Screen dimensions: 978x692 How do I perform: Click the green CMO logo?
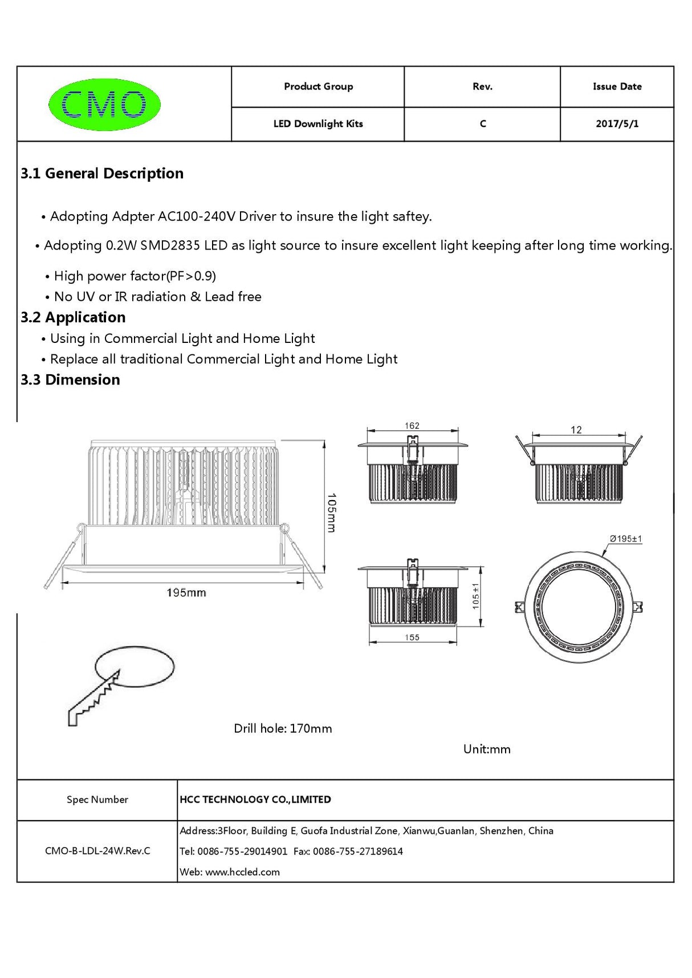click(104, 104)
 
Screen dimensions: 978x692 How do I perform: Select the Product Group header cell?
click(318, 87)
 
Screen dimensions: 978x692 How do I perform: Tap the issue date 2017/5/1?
click(617, 124)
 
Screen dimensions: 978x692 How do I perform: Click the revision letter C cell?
click(482, 124)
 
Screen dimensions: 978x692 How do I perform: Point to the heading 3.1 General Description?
click(102, 173)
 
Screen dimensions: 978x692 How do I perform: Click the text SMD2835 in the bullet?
click(170, 245)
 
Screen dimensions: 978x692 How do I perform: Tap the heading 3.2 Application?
click(73, 317)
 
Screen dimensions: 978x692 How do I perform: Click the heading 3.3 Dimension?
click(70, 380)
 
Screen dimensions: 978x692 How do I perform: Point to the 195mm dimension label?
click(186, 593)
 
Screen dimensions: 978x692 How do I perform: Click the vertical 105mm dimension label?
click(331, 513)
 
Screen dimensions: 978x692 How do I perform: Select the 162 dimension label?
click(412, 425)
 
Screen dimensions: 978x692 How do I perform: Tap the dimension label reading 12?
click(576, 430)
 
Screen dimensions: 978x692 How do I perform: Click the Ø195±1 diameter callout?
click(625, 538)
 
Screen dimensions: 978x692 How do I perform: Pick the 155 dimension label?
click(412, 637)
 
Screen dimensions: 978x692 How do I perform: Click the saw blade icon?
click(94, 698)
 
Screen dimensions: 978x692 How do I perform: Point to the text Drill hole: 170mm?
click(283, 729)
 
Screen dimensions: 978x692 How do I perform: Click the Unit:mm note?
click(487, 749)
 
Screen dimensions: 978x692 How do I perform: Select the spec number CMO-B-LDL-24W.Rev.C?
click(97, 851)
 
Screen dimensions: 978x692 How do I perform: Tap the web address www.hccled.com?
click(242, 872)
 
